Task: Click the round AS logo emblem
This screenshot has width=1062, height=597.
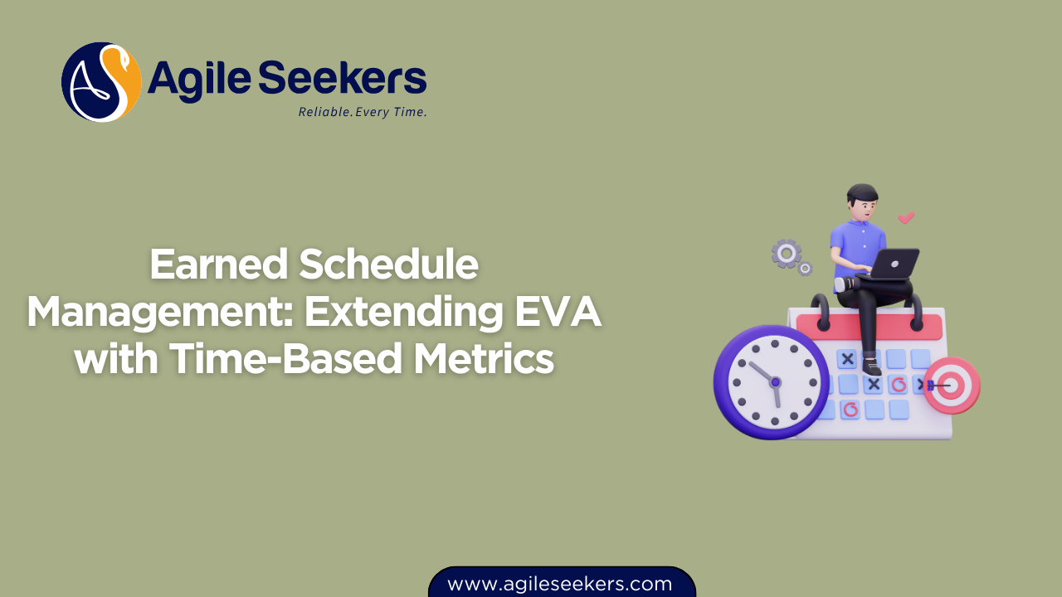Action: click(x=101, y=82)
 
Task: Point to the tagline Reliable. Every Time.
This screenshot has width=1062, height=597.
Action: click(x=363, y=112)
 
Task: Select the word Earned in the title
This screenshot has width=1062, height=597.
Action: click(x=218, y=265)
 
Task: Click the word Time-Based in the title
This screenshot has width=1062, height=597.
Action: click(x=287, y=360)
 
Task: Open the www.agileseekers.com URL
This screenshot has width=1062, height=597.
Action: click(x=560, y=584)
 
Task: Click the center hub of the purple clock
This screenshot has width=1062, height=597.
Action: click(x=775, y=382)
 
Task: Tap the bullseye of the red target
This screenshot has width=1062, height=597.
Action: click(x=951, y=385)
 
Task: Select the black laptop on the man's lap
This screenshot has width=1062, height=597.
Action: click(x=894, y=265)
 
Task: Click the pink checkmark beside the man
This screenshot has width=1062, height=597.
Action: click(x=906, y=218)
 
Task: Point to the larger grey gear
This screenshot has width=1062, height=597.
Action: click(x=786, y=253)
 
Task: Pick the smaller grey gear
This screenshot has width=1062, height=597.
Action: click(x=804, y=269)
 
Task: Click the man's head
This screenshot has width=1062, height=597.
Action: click(x=862, y=201)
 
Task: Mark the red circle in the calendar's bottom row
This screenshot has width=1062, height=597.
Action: click(x=850, y=409)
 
